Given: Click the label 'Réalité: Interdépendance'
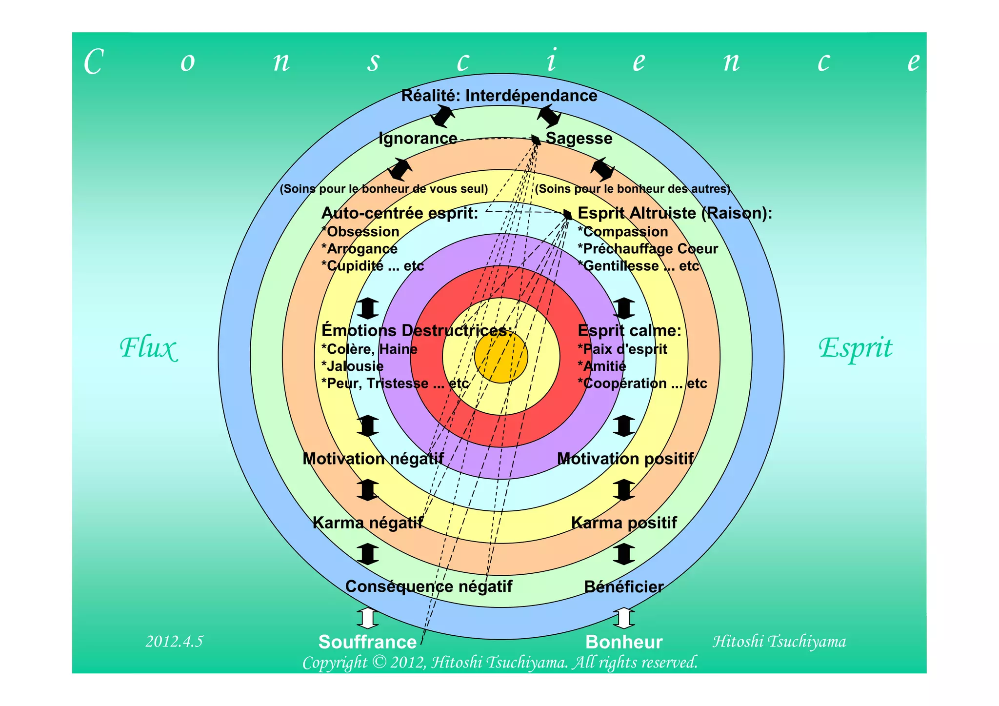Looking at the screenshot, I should click(499, 96).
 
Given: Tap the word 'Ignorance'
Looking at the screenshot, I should click(418, 139).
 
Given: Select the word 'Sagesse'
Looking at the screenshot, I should click(579, 139).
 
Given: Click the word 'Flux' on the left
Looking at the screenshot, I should click(148, 348).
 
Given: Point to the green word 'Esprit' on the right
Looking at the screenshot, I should click(855, 348).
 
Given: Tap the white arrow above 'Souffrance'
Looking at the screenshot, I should click(367, 618).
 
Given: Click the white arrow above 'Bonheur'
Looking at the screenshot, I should click(624, 618).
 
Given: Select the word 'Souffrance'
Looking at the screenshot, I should click(367, 642).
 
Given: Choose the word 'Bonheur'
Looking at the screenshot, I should click(624, 642).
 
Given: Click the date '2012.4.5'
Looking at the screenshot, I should click(174, 641).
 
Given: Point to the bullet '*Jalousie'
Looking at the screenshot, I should click(352, 366).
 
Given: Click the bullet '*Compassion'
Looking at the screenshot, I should click(623, 232).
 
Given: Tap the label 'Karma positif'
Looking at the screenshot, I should click(624, 523).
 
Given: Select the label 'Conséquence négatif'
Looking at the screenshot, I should click(429, 586).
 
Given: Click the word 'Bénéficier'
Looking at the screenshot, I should click(624, 587).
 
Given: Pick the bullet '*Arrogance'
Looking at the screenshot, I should click(360, 249).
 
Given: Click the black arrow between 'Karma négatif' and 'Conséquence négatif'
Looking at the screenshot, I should click(367, 554).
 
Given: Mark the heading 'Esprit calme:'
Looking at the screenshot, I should click(629, 331).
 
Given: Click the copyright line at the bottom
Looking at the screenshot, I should click(500, 663).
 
